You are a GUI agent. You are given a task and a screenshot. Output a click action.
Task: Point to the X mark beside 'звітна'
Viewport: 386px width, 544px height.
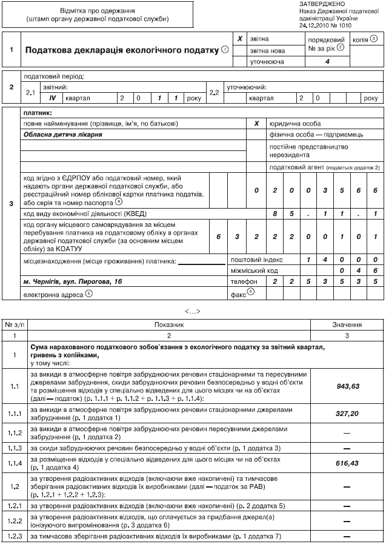240,39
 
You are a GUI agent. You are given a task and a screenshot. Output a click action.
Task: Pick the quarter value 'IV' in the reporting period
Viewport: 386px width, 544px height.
52,97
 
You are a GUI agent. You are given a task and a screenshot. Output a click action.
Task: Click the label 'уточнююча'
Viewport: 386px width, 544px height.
267,62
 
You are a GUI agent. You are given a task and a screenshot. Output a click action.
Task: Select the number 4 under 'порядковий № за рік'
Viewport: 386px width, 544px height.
327,62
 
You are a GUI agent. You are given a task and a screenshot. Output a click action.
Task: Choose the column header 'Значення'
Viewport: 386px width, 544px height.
347,325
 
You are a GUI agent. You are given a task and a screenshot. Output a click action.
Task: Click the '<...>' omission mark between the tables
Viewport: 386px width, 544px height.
193,311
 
